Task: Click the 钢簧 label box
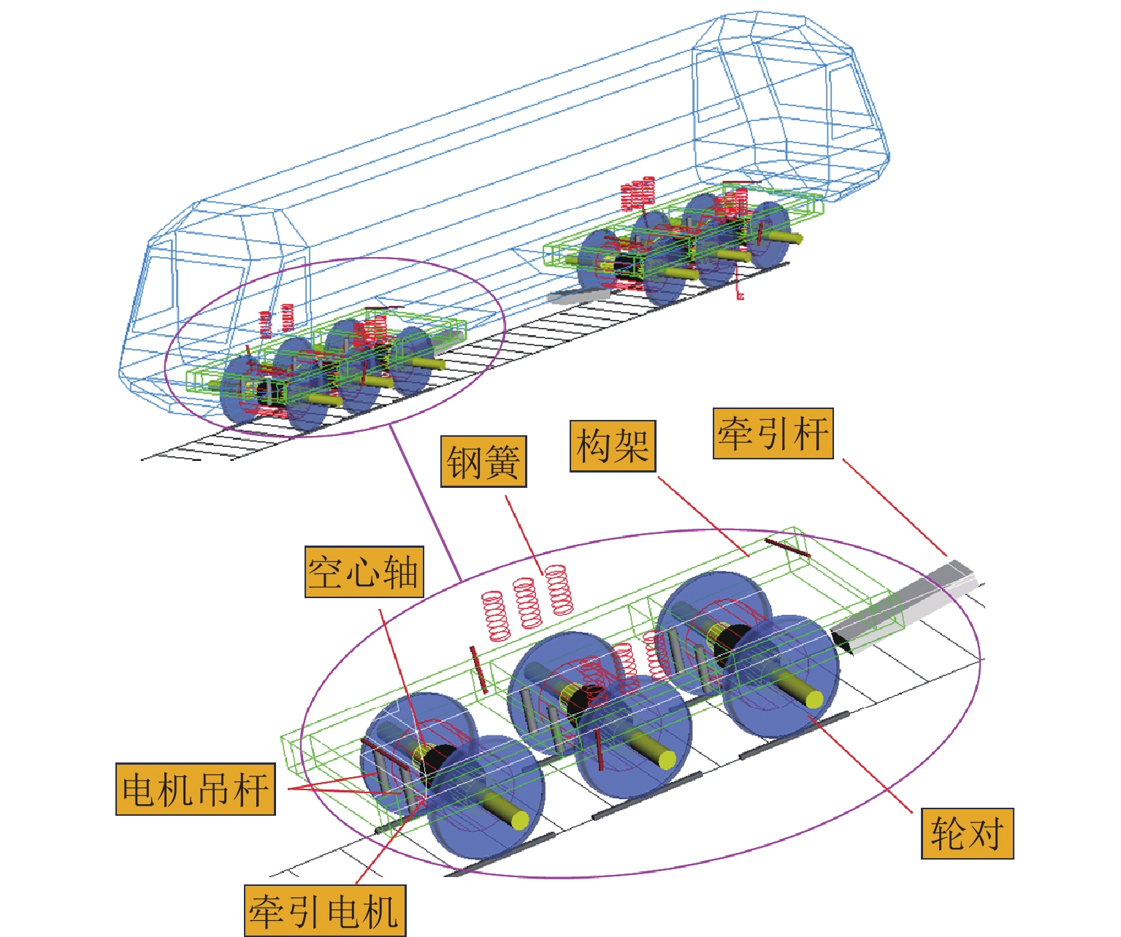[483, 462]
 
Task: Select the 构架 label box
[612, 445]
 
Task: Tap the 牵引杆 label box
[773, 434]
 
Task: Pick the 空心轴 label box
[364, 572]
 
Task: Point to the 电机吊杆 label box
[195, 789]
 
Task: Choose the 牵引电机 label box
[324, 911]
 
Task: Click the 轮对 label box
[967, 833]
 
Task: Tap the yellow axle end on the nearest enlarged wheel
[519, 820]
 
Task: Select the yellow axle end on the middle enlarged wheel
[666, 760]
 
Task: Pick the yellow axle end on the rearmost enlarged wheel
[815, 699]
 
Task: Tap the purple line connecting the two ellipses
[424, 504]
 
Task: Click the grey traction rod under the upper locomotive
[577, 295]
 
